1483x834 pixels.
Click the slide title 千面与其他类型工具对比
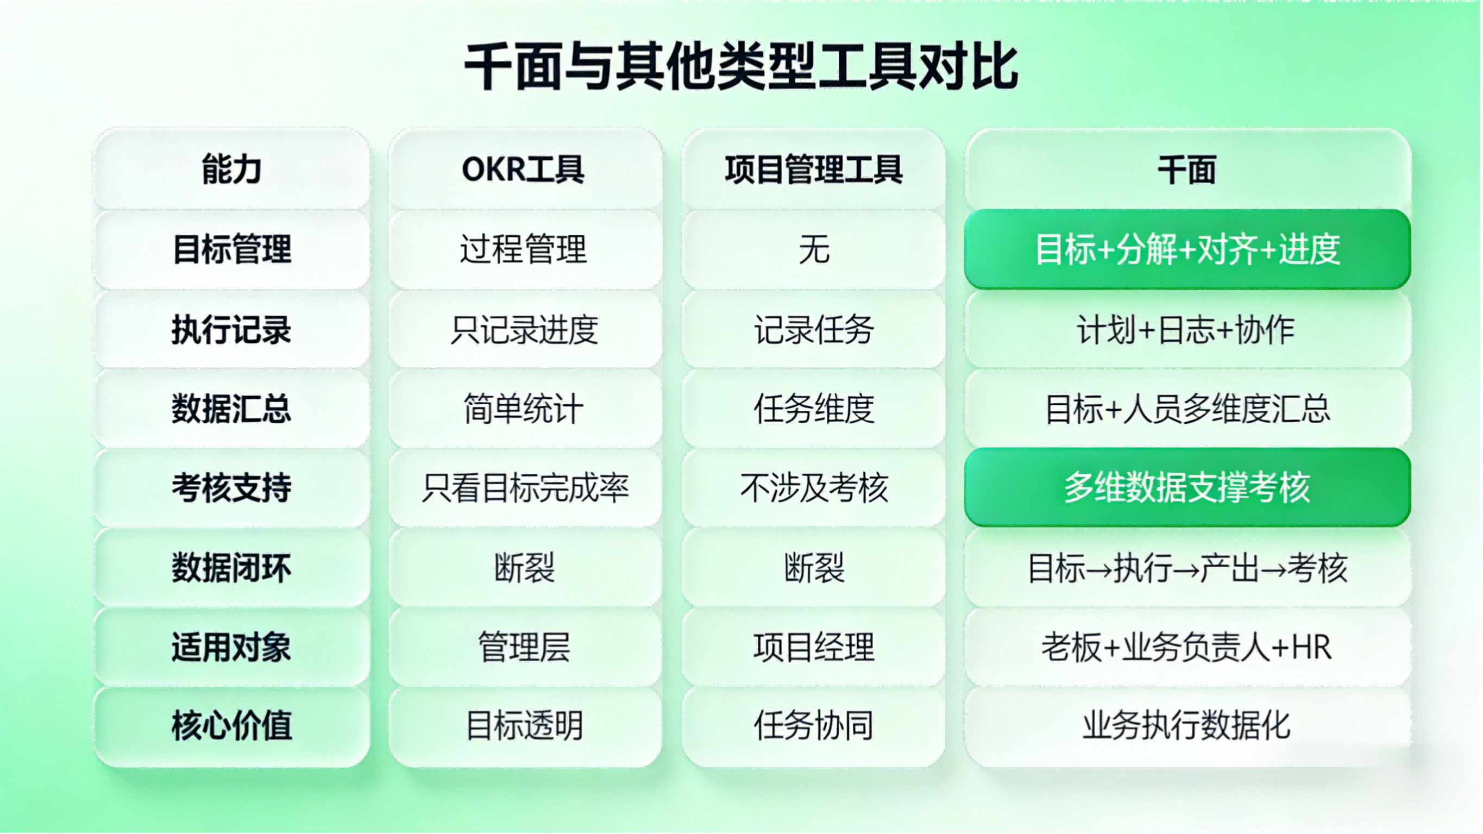tap(741, 66)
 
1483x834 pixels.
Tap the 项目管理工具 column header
tap(813, 170)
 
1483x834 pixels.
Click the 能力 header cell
tap(231, 170)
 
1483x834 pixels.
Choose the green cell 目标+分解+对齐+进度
tap(1187, 249)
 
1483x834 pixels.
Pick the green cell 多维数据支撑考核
tap(1187, 487)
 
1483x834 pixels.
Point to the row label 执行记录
tap(231, 329)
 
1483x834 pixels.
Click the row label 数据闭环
tap(231, 567)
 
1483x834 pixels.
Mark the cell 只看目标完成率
tap(525, 487)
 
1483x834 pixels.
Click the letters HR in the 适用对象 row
tap(1311, 648)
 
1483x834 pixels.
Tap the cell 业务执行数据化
tap(1186, 725)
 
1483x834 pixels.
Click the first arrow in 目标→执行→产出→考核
tap(1099, 569)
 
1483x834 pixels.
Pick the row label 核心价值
tap(231, 725)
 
